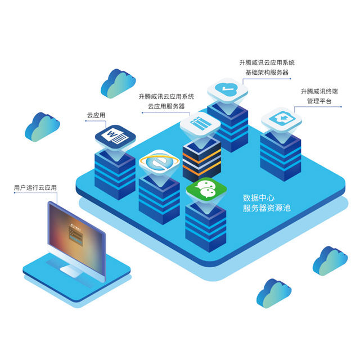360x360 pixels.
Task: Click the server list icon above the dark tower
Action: (200, 124)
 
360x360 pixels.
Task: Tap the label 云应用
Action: (96, 115)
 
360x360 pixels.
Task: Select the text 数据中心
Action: (258, 198)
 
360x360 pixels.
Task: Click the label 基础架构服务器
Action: (265, 73)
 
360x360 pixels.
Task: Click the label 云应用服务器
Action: (166, 106)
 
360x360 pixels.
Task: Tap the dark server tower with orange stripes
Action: (201, 160)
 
